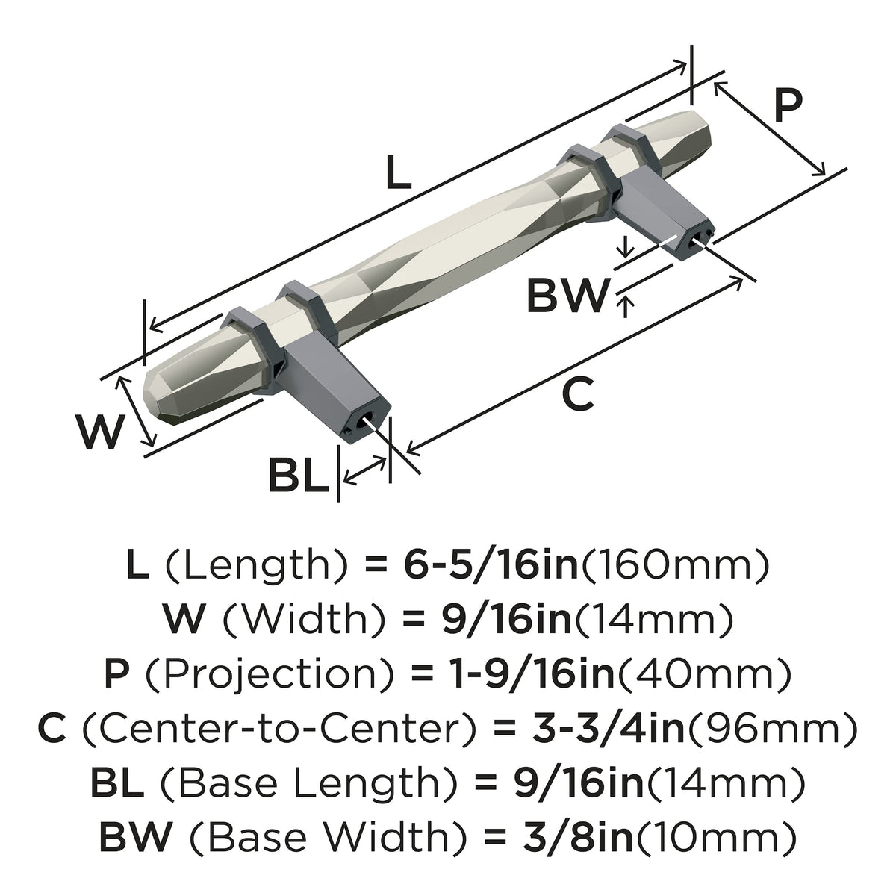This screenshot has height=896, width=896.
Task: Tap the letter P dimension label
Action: (x=788, y=105)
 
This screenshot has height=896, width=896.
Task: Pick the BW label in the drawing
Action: (x=567, y=295)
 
